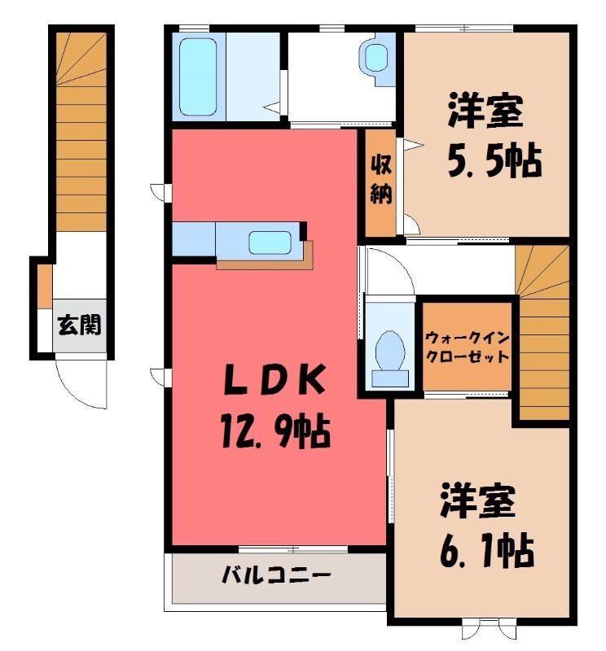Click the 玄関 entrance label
[79, 325]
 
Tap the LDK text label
[274, 379]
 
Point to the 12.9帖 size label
[276, 432]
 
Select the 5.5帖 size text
[494, 160]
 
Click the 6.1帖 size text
[487, 551]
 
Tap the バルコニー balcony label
[276, 575]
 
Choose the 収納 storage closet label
[380, 179]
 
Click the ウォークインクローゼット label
[468, 347]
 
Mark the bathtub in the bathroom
[198, 76]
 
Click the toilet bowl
[390, 352]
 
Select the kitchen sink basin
[270, 242]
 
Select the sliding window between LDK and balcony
[293, 549]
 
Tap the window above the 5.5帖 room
[463, 28]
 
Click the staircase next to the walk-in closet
[543, 332]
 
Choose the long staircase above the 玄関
[81, 132]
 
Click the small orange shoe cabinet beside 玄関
[45, 286]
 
